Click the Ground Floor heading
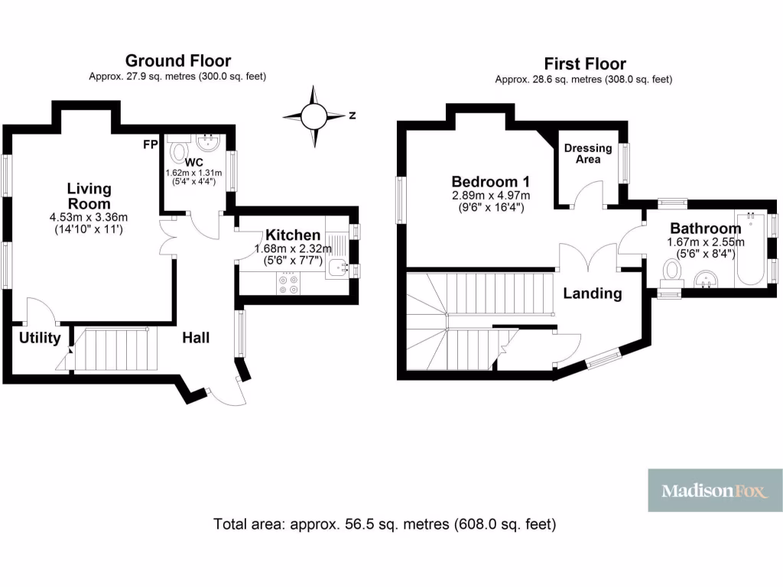(177, 61)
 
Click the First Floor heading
(584, 63)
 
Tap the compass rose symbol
(314, 117)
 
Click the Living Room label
(89, 196)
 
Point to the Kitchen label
(293, 235)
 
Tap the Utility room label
(40, 338)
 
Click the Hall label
(196, 337)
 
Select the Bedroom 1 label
(490, 182)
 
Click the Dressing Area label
(588, 154)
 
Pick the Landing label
(593, 293)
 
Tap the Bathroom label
(705, 228)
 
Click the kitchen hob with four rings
(289, 284)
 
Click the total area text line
(385, 524)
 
